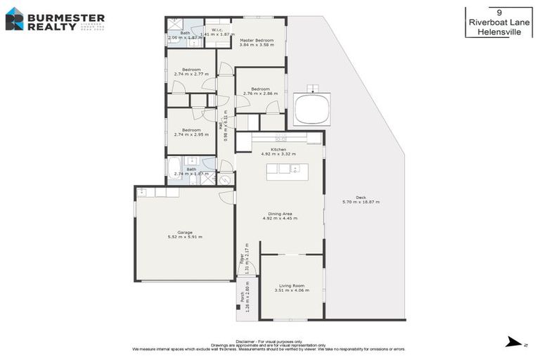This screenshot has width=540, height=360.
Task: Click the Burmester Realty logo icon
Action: [x=14, y=18]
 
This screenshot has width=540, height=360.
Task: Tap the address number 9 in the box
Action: [x=499, y=12]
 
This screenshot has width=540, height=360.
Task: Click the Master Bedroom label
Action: [x=256, y=40]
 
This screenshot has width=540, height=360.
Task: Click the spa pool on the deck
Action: [x=311, y=109]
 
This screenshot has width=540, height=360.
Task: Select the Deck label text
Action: [x=361, y=197]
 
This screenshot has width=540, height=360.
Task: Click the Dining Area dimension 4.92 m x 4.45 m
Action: [x=279, y=219]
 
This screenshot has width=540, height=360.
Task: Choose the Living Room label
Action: [x=290, y=285]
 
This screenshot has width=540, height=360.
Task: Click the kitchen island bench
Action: [x=286, y=169]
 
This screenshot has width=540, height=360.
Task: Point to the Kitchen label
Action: [x=279, y=149]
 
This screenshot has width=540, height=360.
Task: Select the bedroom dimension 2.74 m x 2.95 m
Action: [x=191, y=134]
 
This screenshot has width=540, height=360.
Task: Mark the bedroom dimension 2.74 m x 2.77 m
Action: [x=191, y=74]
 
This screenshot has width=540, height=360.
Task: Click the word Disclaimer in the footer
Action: [x=250, y=339]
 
